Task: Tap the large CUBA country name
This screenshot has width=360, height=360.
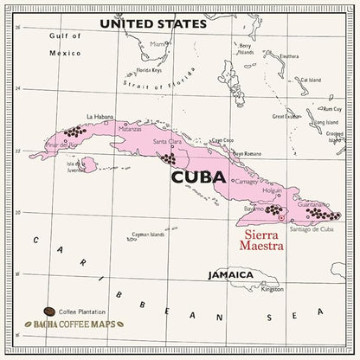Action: point(198,179)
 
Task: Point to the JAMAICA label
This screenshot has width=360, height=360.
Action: point(231,275)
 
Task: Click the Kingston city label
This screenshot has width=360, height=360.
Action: point(272,289)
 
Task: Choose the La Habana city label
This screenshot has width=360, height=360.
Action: point(100,116)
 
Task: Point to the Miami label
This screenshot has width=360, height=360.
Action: point(156,43)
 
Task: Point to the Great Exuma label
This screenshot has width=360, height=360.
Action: point(286,115)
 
